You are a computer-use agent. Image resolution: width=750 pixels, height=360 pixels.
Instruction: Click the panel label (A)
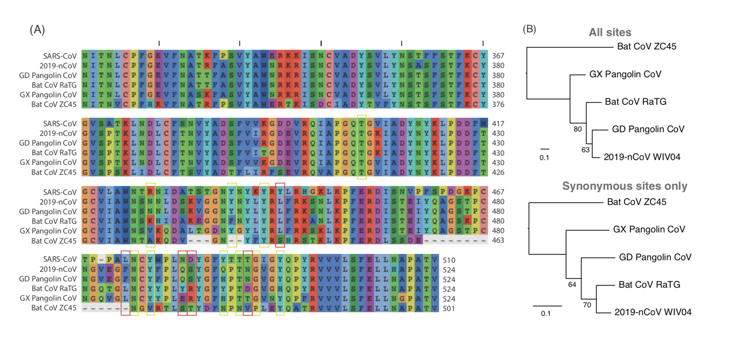click(37, 30)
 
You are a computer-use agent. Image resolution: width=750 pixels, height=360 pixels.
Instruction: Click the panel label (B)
click(529, 29)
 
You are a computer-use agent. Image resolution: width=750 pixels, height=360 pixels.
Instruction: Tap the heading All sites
click(610, 32)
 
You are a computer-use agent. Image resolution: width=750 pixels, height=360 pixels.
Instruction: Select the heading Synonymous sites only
click(625, 186)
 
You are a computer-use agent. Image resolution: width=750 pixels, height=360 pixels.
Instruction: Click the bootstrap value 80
click(577, 129)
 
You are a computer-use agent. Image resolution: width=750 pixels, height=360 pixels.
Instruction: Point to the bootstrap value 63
click(585, 150)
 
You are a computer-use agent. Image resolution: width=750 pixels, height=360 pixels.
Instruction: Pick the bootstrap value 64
click(572, 285)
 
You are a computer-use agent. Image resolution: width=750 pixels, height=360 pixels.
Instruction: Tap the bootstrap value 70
click(587, 305)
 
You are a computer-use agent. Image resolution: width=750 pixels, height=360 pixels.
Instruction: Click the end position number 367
click(498, 56)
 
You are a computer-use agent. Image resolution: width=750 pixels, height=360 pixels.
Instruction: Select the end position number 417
click(498, 124)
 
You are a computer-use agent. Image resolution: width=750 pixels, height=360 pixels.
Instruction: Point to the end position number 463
click(498, 240)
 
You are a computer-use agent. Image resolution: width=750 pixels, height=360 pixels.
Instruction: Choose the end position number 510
click(449, 260)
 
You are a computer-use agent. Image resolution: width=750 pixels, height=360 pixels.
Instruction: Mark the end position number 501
click(449, 308)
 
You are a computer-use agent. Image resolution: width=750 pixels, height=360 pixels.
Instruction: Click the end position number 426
click(498, 172)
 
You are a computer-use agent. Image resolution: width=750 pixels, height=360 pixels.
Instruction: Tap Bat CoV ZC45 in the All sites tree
click(646, 46)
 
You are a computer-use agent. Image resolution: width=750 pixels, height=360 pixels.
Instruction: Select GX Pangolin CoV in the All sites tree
click(625, 74)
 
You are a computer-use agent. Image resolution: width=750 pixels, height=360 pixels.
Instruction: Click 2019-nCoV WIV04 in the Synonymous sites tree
click(653, 312)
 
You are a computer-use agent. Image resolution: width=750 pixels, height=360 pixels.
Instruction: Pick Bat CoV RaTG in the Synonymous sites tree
click(649, 285)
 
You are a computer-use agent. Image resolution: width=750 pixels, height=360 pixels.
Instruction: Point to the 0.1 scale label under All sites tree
click(544, 158)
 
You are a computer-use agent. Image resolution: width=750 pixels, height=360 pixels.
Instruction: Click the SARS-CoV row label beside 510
click(59, 259)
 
